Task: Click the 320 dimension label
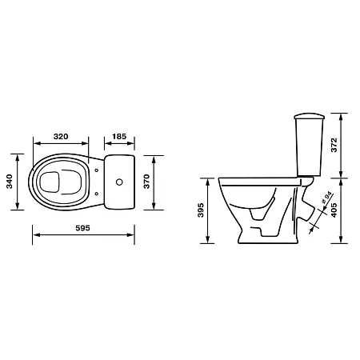(x=61, y=137)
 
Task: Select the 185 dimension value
(x=119, y=137)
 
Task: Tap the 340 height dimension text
(x=10, y=182)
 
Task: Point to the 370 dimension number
(x=146, y=182)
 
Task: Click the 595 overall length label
(x=83, y=228)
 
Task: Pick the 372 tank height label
(x=334, y=145)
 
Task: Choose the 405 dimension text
(x=334, y=210)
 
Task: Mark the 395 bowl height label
(x=201, y=210)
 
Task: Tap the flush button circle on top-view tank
(x=119, y=182)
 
